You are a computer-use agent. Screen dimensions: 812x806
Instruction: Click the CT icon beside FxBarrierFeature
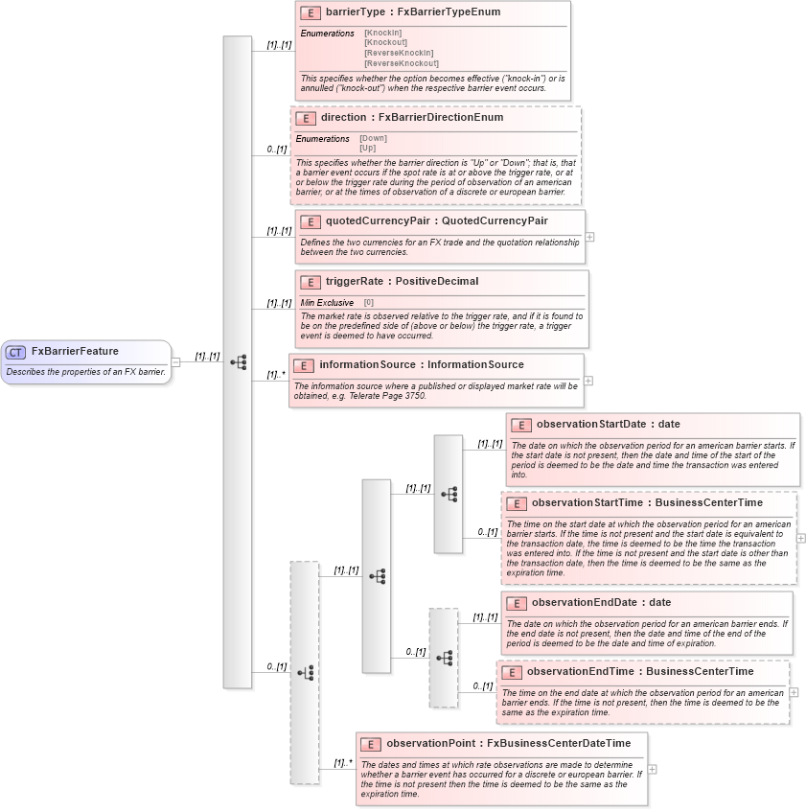click(15, 352)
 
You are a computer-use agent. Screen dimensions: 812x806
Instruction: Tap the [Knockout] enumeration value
click(385, 42)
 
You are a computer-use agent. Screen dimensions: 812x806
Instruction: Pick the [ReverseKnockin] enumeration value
click(398, 53)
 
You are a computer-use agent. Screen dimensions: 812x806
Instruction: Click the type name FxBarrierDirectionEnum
click(441, 117)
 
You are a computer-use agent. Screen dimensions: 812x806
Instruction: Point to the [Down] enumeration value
click(373, 138)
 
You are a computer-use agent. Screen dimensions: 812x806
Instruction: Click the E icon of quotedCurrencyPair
click(310, 221)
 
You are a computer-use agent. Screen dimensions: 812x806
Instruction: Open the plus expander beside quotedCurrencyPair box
click(589, 236)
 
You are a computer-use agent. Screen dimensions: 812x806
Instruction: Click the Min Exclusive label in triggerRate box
click(327, 303)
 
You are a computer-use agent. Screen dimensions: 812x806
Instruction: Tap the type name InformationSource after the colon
click(475, 364)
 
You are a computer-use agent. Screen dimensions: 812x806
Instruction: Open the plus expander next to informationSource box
click(587, 381)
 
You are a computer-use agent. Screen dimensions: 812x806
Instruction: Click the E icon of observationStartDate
click(520, 424)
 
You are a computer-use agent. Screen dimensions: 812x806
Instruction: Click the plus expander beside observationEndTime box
click(794, 692)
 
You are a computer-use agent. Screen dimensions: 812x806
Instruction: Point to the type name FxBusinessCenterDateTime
click(559, 743)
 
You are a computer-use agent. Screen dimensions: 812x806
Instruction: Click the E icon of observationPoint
click(370, 743)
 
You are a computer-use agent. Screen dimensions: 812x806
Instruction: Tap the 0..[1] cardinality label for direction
click(277, 150)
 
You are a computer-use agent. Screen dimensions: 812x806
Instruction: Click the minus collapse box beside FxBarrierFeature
click(175, 361)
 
